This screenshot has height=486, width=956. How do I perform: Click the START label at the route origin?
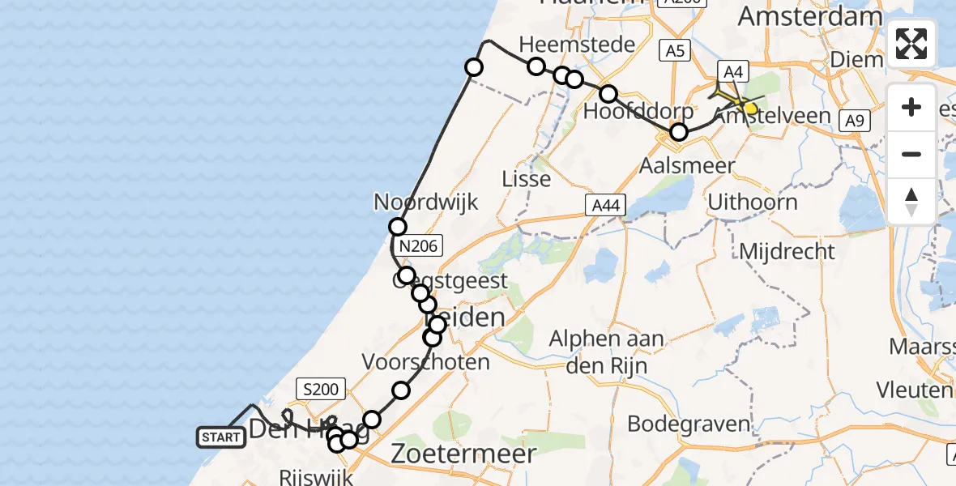point(220,438)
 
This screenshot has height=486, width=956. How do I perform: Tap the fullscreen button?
point(911,44)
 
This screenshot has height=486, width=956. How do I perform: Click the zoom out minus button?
point(911,154)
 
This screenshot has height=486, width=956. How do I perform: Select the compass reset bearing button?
point(911,200)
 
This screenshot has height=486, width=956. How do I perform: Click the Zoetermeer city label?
point(463,454)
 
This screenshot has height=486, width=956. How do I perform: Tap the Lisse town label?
point(527,178)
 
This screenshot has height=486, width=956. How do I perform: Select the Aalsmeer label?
point(687,166)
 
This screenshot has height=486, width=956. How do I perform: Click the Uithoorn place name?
point(753,202)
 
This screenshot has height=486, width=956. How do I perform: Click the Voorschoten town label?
point(426,361)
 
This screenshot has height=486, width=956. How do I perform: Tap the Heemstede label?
point(577,44)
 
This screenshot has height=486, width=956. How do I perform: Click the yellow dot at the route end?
point(750,109)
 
